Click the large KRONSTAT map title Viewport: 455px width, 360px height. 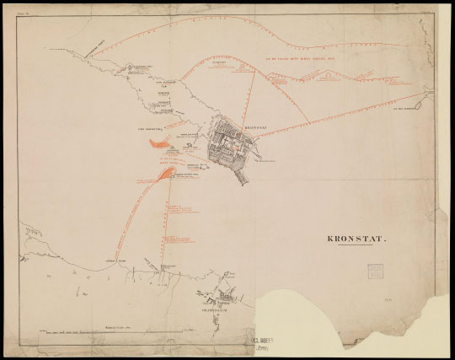click(356, 239)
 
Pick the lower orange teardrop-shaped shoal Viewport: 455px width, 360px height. click(161, 175)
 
